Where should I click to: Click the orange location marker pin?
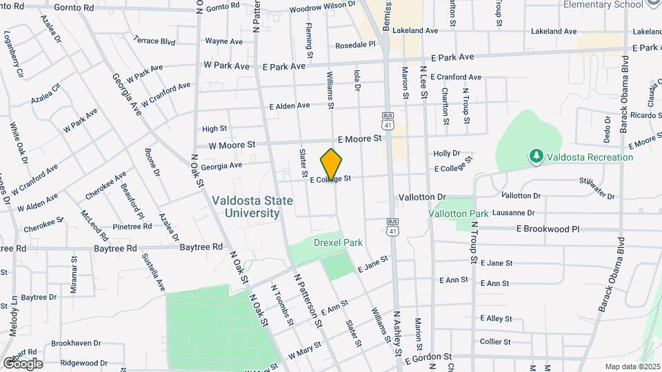click(332, 164)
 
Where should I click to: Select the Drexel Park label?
click(338, 242)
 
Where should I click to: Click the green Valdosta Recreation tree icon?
click(536, 157)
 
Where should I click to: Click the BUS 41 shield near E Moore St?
click(388, 121)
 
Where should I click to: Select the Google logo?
click(23, 363)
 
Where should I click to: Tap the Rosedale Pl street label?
click(354, 44)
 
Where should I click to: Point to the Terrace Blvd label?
click(154, 41)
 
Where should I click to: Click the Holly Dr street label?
click(446, 154)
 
